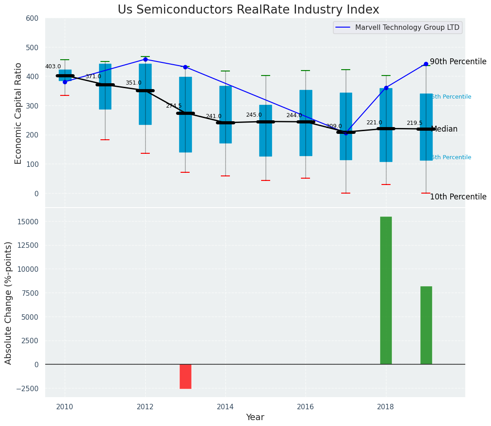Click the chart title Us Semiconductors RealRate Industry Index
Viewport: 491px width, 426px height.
coord(248,10)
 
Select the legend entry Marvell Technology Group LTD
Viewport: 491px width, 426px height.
coord(407,28)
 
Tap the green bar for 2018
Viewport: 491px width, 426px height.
coord(386,290)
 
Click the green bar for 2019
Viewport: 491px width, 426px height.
coord(426,325)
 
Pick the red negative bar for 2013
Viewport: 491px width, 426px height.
coord(185,376)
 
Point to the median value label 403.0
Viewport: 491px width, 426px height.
coord(53,66)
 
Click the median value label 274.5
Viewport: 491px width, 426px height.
coord(173,106)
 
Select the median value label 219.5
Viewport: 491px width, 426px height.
coord(414,123)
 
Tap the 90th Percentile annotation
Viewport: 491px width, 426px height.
coord(458,62)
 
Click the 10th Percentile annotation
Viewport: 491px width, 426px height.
coord(458,197)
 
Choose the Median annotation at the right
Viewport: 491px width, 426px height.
coord(444,129)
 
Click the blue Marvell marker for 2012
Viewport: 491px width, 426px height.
coord(145,59)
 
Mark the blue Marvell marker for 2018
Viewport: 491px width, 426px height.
coord(386,88)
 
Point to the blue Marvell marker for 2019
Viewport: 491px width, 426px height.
coord(426,64)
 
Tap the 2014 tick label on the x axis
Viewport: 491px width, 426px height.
coord(225,407)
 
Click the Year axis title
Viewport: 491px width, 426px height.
coord(255,417)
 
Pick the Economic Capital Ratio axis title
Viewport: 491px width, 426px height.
coord(19,113)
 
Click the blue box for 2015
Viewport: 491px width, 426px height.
coord(265,131)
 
